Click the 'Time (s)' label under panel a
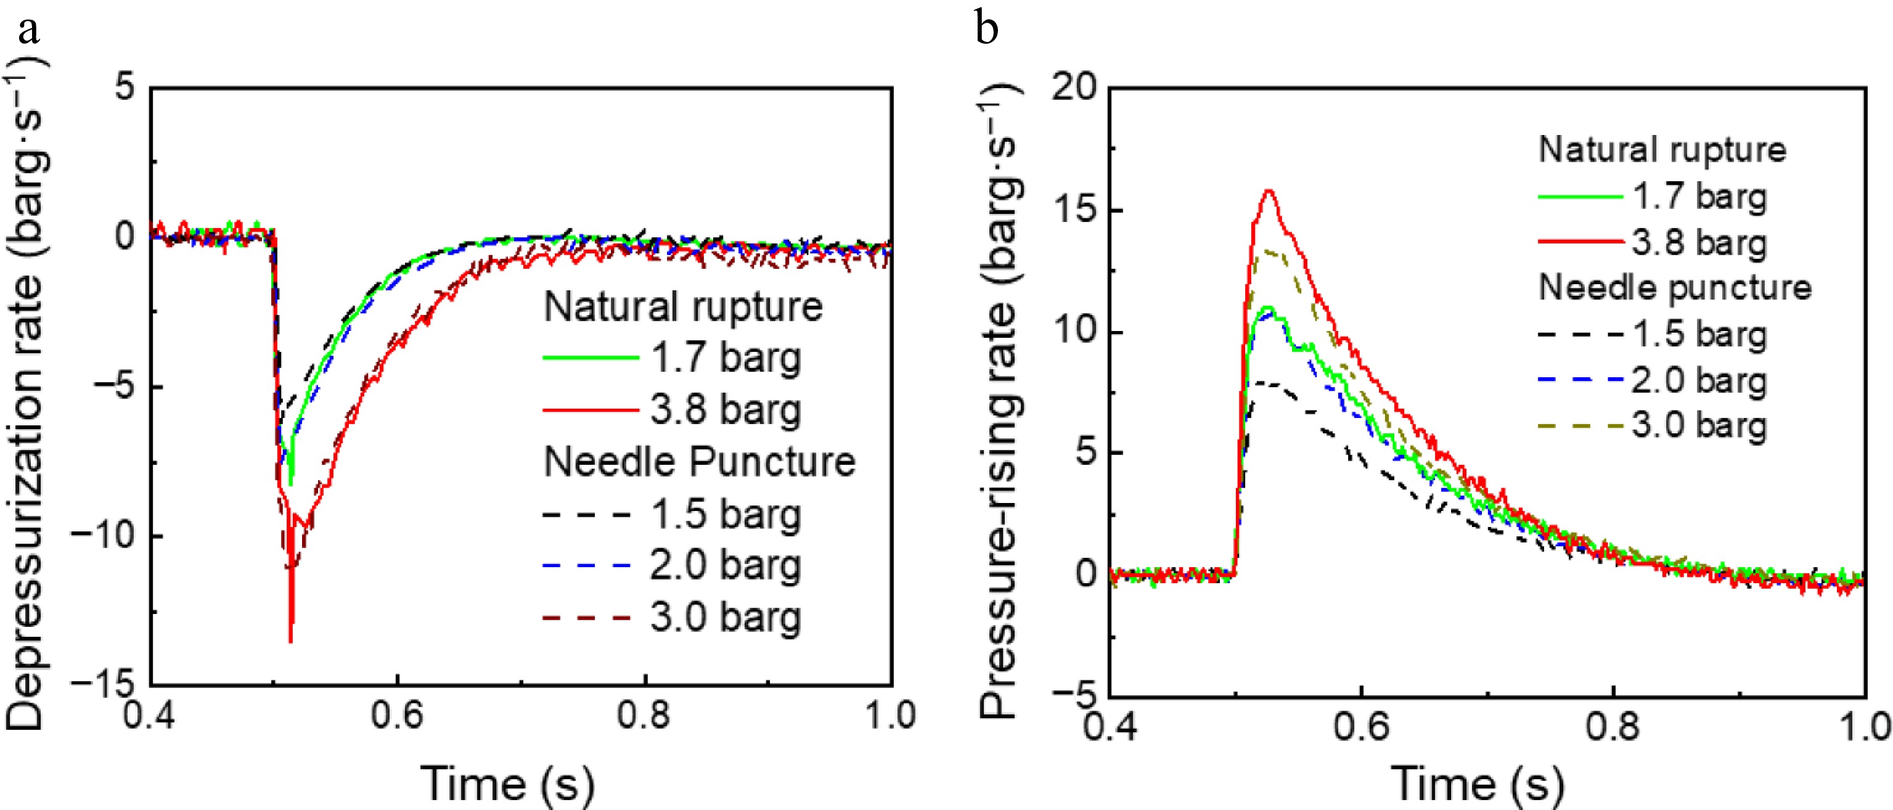coord(507,782)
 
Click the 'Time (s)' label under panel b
coord(1478,782)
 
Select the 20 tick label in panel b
coord(1074,88)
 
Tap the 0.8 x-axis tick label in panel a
coord(644,715)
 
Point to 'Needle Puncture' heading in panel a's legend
coord(700,462)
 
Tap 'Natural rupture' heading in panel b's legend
coord(1662,150)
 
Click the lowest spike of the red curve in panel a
coord(291,641)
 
